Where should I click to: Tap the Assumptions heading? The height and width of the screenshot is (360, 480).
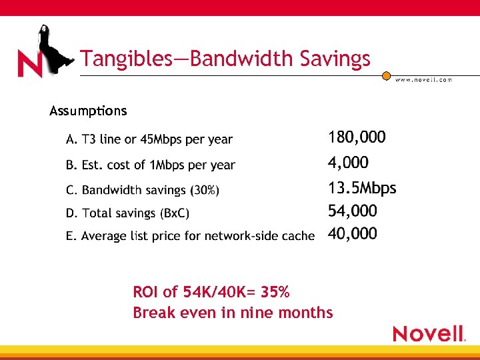coord(88,111)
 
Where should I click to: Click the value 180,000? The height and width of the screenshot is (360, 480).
coord(357,138)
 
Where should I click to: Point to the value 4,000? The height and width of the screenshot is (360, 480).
coord(348,163)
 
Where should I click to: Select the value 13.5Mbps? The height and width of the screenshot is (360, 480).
coord(362,188)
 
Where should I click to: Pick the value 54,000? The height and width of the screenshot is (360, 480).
coord(353,211)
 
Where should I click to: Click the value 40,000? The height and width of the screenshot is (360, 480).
coord(353,234)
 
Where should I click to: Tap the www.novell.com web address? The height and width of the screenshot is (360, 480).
coord(423,79)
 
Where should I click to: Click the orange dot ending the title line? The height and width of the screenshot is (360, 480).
coord(386,76)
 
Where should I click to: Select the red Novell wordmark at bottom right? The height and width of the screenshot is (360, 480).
coord(429,333)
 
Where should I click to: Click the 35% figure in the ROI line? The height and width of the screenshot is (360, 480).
coord(275,292)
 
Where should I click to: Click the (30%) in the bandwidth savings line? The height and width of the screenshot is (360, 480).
coord(205,191)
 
